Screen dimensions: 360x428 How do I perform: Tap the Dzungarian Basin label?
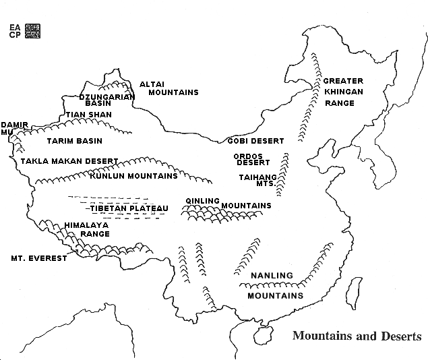[107, 100]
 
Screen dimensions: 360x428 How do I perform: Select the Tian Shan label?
[88, 115]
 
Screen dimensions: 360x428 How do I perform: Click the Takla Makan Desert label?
[69, 161]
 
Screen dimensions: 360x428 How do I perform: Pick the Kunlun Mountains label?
[133, 176]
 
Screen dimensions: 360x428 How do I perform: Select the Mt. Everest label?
[38, 258]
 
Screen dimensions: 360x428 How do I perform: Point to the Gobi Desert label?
[255, 141]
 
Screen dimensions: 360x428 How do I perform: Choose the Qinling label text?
[203, 200]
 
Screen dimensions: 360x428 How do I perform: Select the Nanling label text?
[272, 276]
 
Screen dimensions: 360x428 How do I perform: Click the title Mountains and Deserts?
[357, 336]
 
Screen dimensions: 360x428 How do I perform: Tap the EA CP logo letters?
[15, 30]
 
